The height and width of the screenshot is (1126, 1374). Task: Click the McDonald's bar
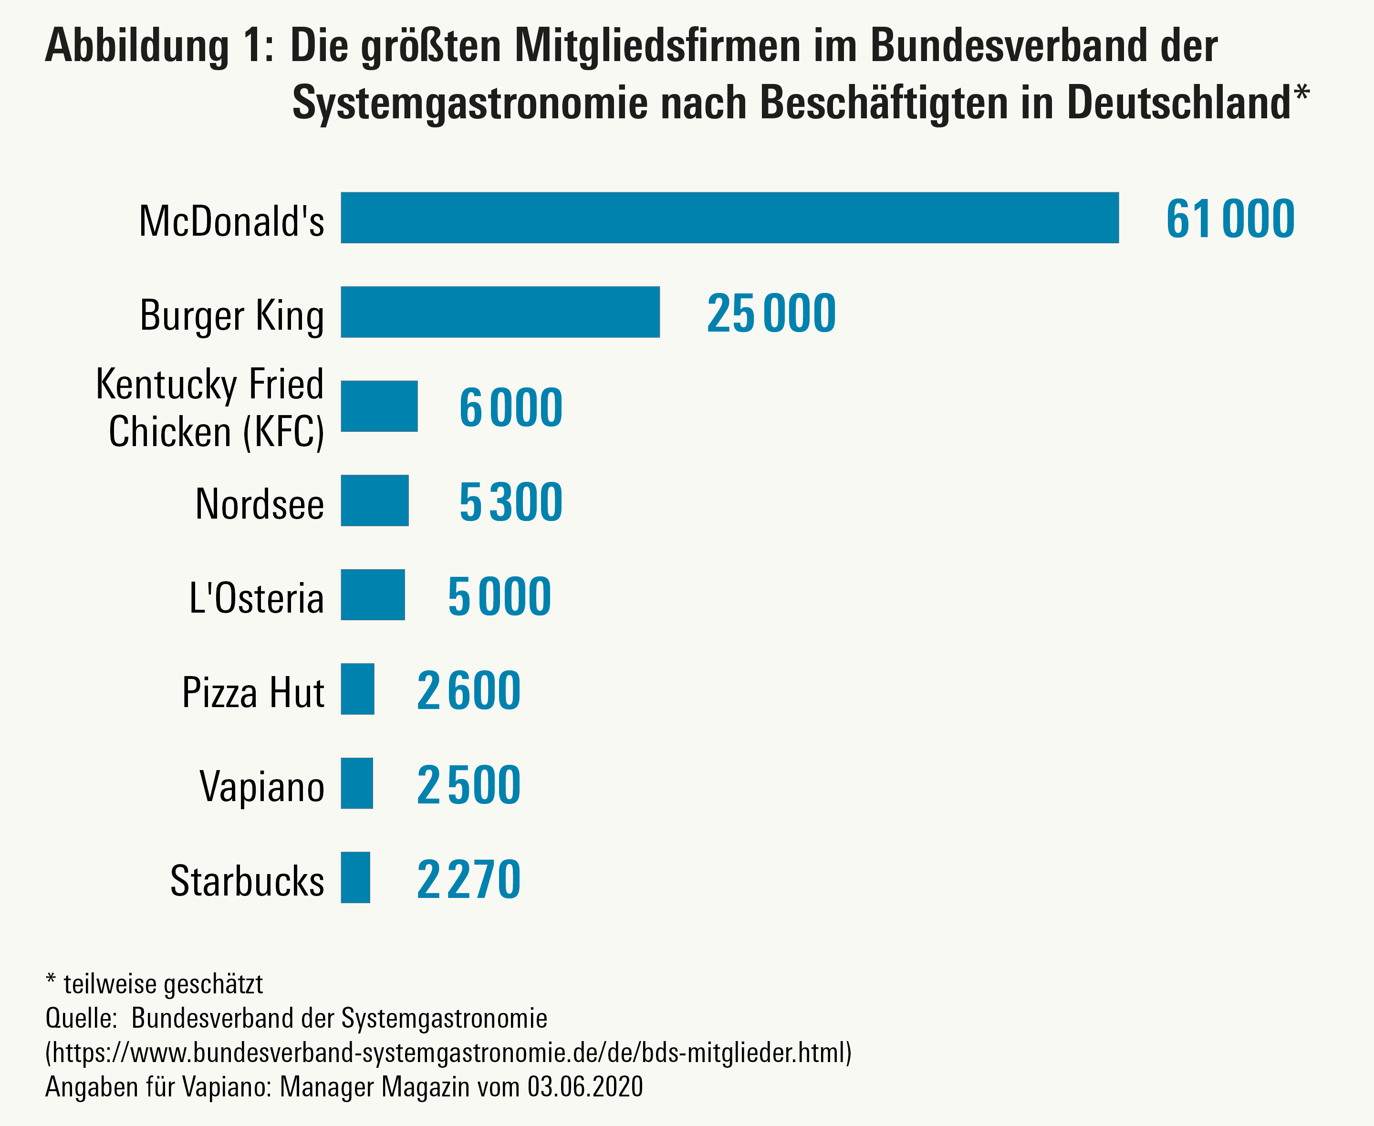point(729,218)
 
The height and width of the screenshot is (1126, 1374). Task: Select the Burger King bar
point(500,312)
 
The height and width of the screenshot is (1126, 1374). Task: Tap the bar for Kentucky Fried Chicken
point(379,406)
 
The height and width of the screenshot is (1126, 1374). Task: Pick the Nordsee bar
point(375,500)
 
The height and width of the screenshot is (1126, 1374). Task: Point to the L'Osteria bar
point(373,595)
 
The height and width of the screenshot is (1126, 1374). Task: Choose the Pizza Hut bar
point(357,689)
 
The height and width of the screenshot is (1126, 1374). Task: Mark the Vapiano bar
point(357,783)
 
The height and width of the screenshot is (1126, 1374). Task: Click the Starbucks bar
point(355,877)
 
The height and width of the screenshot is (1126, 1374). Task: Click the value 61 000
point(1230,219)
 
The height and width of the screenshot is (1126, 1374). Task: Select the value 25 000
point(771,313)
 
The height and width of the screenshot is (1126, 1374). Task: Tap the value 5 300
point(511,501)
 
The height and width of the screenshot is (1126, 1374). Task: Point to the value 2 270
point(468,879)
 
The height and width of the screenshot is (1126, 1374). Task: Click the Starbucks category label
point(247,881)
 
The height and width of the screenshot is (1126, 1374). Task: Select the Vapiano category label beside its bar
point(262,787)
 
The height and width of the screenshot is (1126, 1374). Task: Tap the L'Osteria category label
point(256,597)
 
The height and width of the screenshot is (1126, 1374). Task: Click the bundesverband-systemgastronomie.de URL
point(448,1052)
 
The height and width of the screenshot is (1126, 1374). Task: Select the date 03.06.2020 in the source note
point(585,1086)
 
